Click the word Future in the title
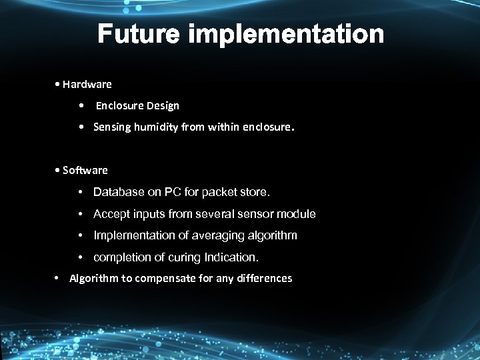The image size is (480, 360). click(x=139, y=34)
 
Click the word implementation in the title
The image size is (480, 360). click(x=287, y=34)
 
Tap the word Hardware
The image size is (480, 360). click(x=87, y=85)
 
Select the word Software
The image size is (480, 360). click(x=85, y=170)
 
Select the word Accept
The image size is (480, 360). click(x=110, y=214)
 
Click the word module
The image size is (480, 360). click(x=298, y=214)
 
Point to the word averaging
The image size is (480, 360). click(x=216, y=235)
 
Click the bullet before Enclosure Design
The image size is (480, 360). click(x=80, y=105)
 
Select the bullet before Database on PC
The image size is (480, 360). click(x=80, y=193)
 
